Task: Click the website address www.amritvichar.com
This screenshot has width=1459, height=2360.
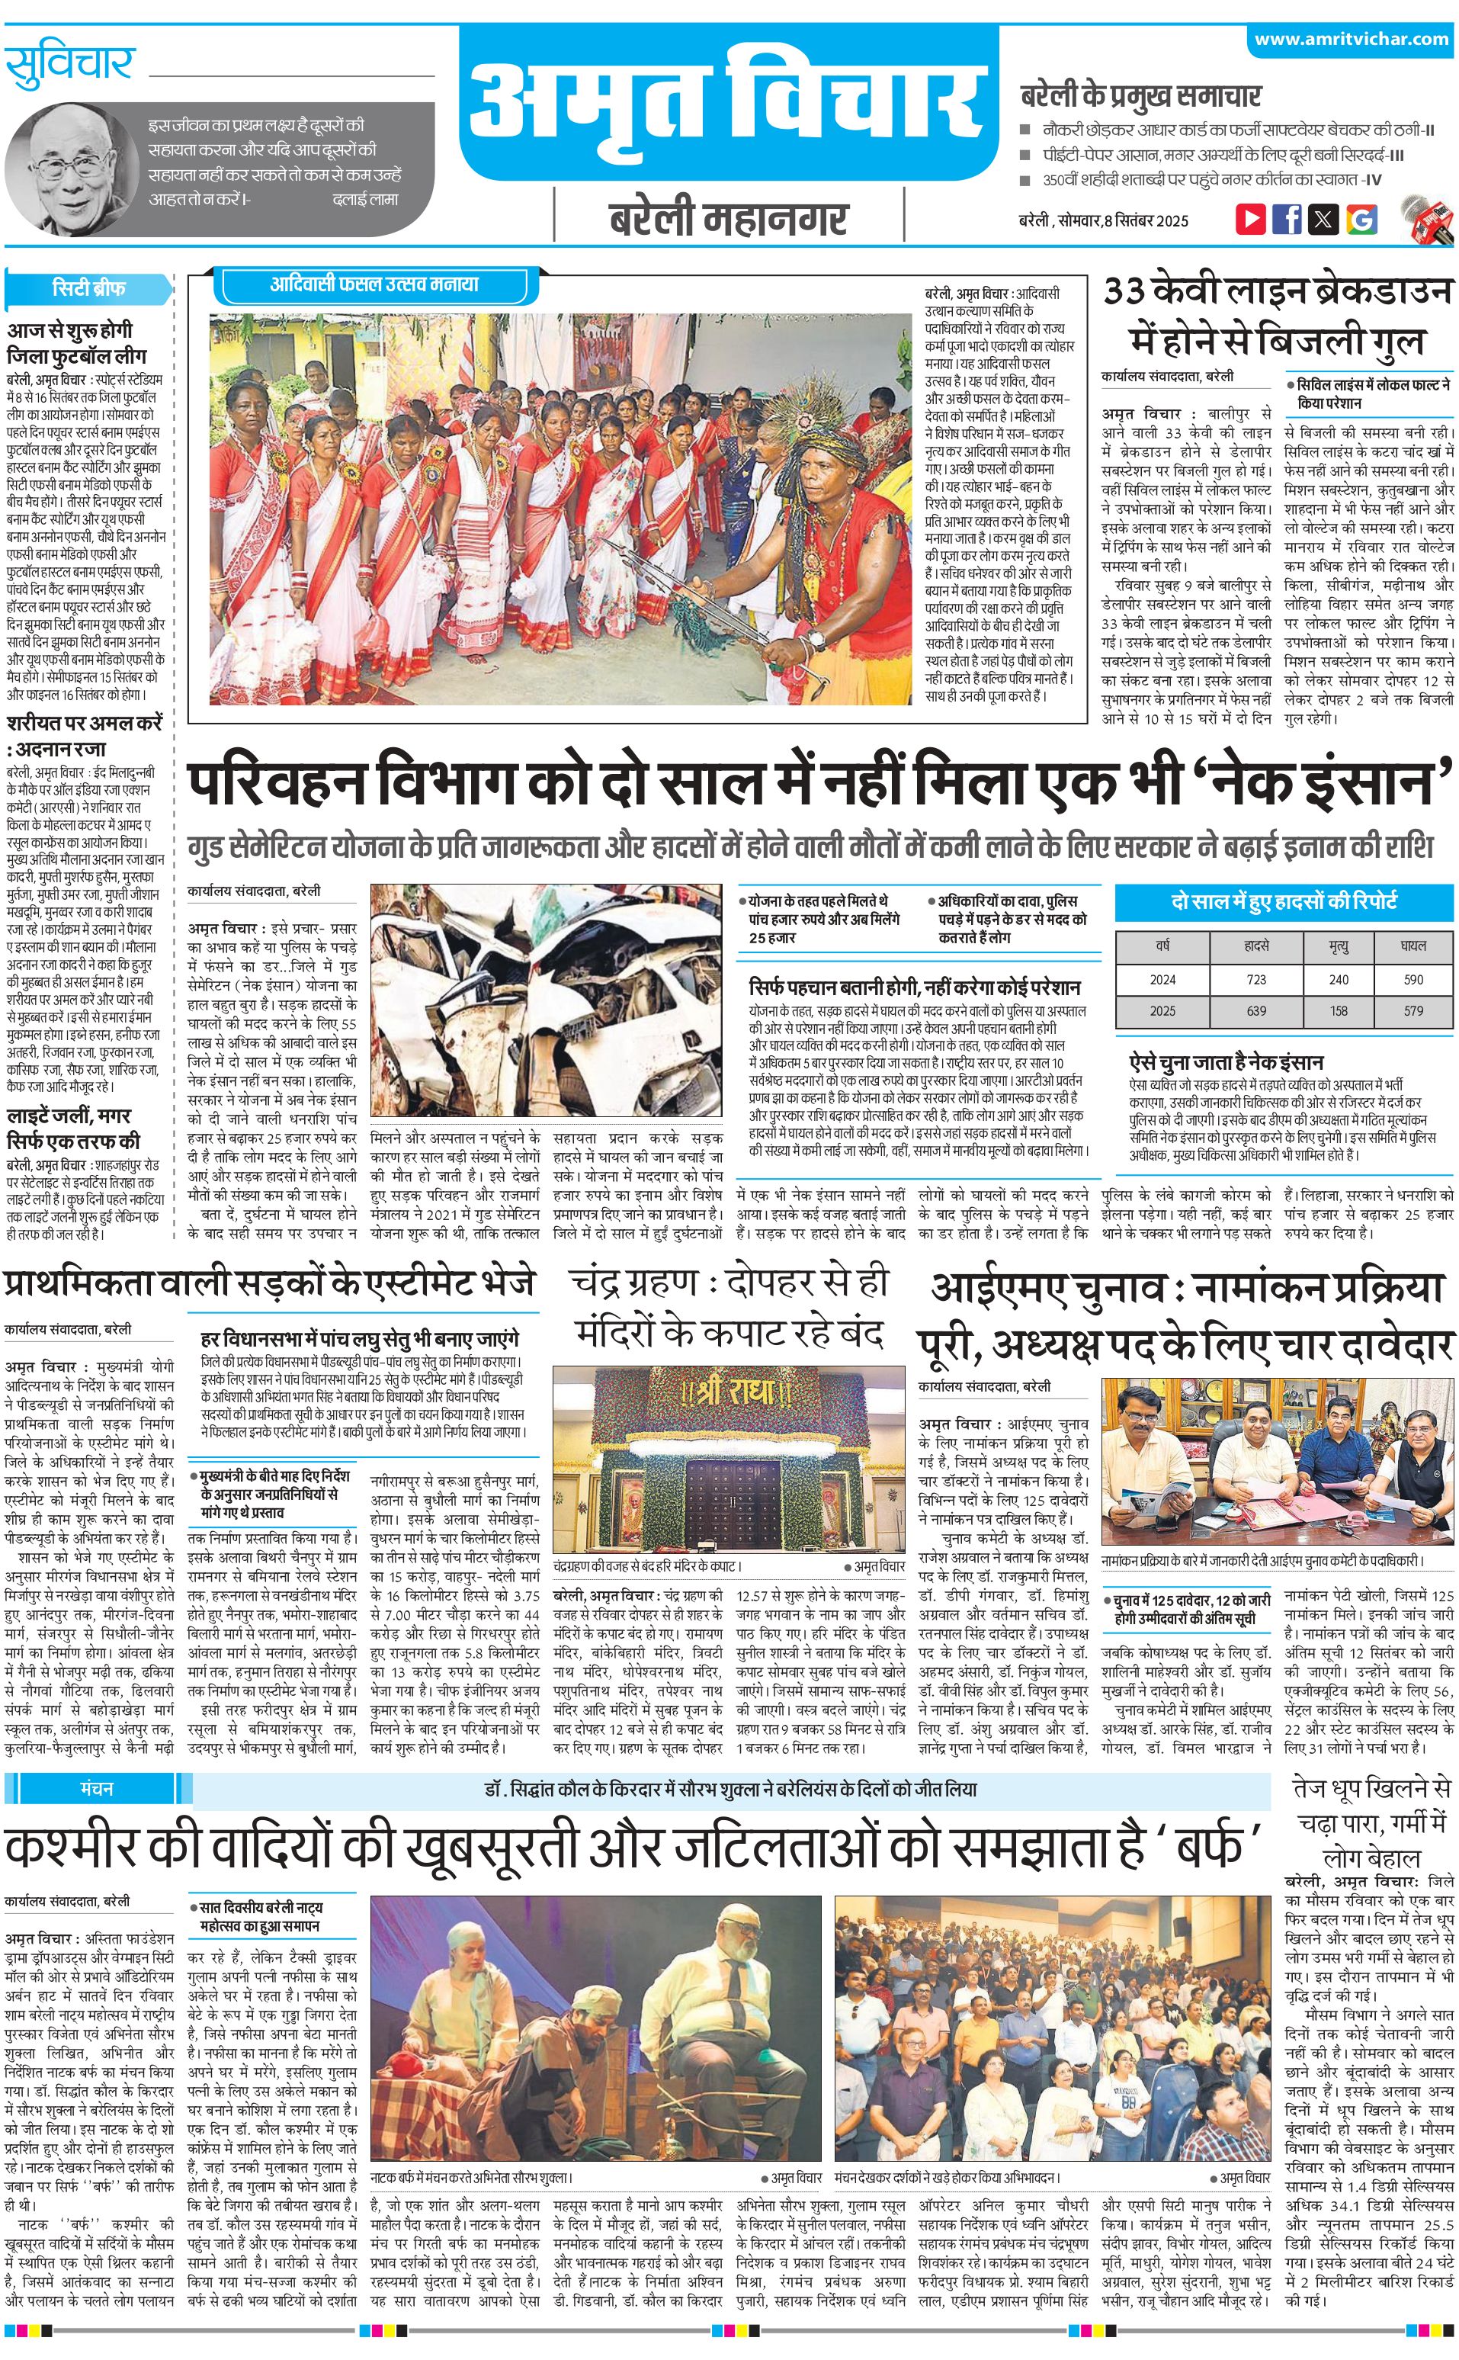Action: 1351,40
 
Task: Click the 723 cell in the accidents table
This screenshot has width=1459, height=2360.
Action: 1255,979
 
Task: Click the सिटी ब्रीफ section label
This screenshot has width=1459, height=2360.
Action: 88,288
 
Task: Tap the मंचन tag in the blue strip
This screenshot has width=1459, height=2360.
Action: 97,1761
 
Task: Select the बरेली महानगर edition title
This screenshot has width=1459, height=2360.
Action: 729,219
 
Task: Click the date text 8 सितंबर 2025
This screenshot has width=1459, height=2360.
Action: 1146,220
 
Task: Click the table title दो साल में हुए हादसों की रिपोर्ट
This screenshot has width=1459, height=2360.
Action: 1284,901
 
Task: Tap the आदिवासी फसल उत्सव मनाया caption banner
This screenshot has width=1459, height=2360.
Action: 374,284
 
